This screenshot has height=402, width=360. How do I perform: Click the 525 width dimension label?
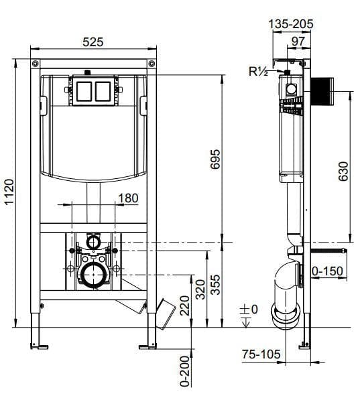(93, 42)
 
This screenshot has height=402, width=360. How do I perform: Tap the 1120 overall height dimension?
(9, 194)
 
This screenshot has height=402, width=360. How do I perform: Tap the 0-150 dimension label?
(327, 271)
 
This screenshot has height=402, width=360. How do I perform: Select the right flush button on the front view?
(102, 90)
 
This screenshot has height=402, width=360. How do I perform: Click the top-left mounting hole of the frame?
(35, 63)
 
